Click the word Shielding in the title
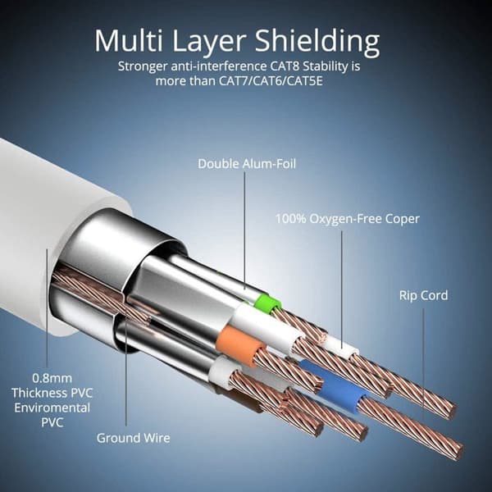click(317, 42)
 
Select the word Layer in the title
click(209, 43)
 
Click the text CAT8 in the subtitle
click(285, 66)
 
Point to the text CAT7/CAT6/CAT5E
click(271, 81)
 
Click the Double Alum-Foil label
click(247, 163)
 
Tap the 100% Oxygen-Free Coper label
click(348, 219)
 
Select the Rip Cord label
click(424, 295)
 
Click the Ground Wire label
click(134, 438)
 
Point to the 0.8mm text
click(52, 378)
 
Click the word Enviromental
click(52, 408)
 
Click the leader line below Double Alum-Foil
click(244, 230)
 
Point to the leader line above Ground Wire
click(126, 372)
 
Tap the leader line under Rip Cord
click(423, 364)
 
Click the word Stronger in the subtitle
click(143, 67)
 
